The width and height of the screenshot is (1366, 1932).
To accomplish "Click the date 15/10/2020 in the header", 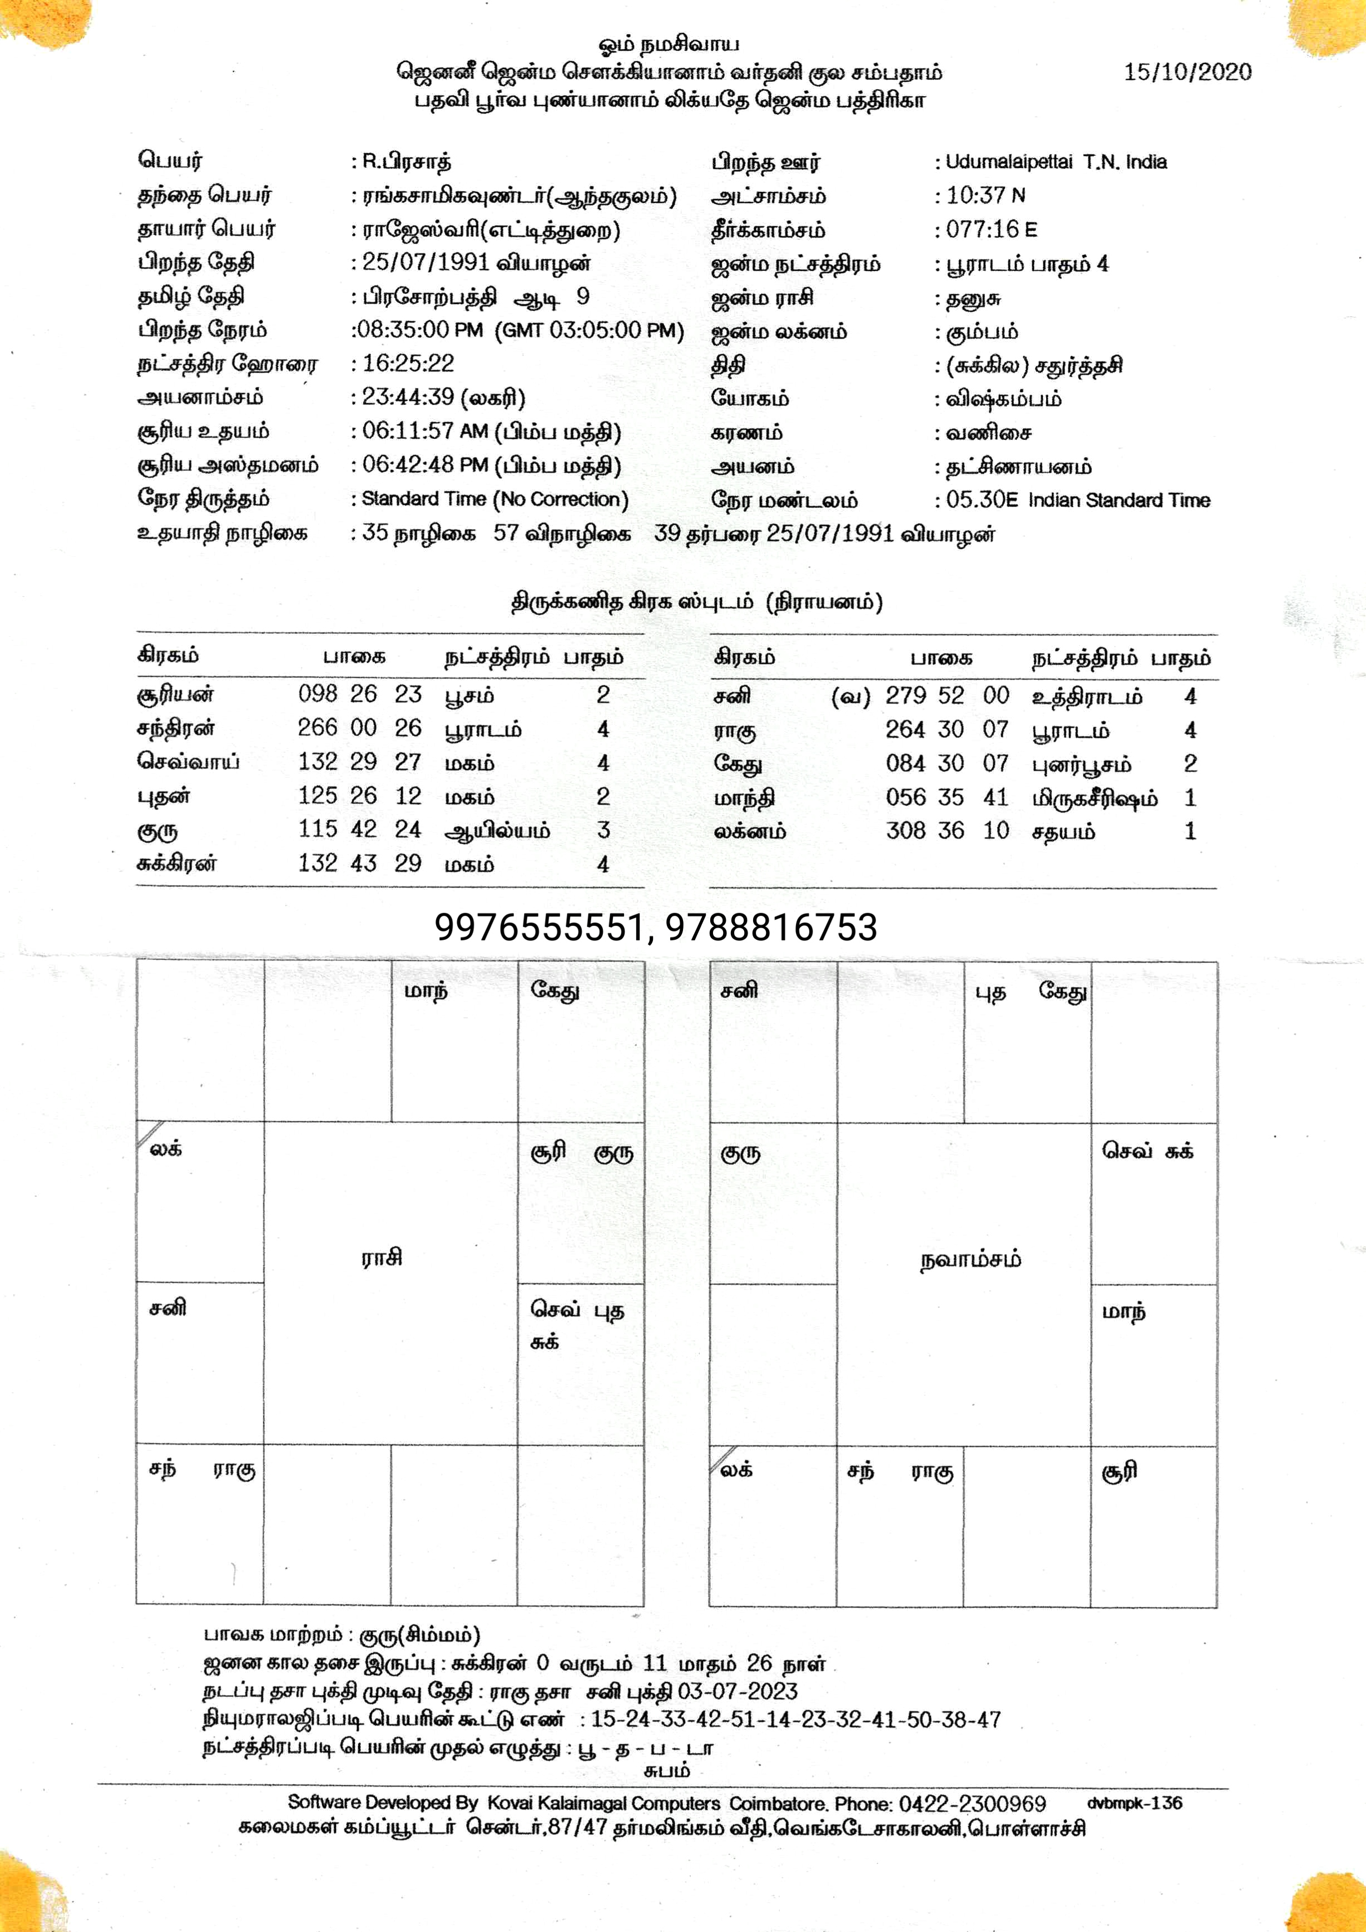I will (1187, 72).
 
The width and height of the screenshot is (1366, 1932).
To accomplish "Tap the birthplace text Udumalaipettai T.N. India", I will (1056, 162).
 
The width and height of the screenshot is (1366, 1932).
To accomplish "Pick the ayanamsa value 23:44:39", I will (408, 397).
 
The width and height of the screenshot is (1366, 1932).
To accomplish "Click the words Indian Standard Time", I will (1120, 501).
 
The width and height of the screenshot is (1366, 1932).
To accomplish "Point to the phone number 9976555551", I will (538, 927).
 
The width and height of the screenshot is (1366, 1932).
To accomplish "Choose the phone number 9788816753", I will (771, 927).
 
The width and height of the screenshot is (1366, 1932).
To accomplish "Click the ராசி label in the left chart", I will (382, 1258).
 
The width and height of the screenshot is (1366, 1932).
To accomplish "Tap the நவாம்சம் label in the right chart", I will (971, 1261).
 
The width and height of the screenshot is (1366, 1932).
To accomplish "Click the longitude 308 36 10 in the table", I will (947, 831).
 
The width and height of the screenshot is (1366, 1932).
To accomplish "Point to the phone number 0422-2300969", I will (972, 1804).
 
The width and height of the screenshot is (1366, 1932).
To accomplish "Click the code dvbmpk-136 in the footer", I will (1135, 1804).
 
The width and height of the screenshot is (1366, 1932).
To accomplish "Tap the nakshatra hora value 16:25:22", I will (408, 364).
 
